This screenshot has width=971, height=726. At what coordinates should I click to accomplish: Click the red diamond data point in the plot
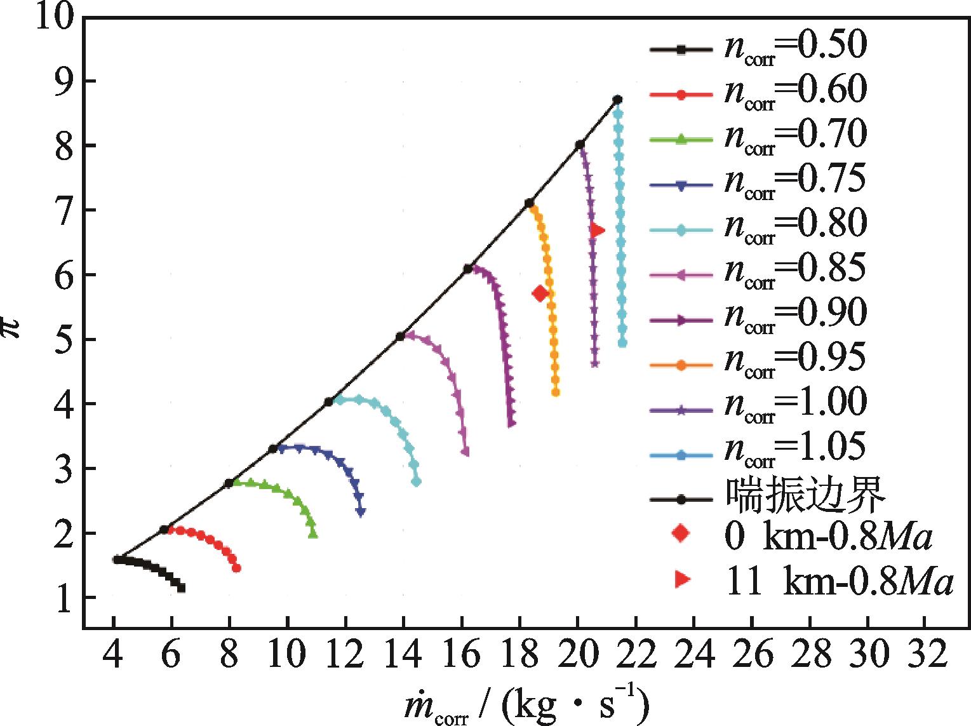[x=540, y=293]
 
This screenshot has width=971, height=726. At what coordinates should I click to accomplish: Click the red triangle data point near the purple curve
[x=597, y=231]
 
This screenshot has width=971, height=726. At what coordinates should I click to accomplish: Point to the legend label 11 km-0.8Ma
[x=839, y=582]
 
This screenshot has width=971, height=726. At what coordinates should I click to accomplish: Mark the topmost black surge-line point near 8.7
[x=617, y=100]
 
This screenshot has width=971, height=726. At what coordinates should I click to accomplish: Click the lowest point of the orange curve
[x=556, y=393]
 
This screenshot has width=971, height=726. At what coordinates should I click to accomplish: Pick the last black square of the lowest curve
[x=182, y=588]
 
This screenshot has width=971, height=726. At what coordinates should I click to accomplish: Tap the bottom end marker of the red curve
[x=236, y=568]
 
